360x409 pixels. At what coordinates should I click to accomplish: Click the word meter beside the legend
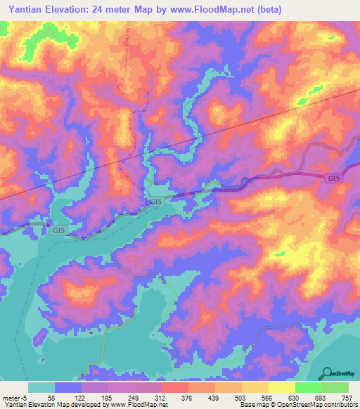coord(10,398)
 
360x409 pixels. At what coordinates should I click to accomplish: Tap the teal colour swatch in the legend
coord(41,387)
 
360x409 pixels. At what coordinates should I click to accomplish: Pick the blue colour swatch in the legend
coord(68,387)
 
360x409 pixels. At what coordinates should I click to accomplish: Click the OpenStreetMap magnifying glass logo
coord(326,373)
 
